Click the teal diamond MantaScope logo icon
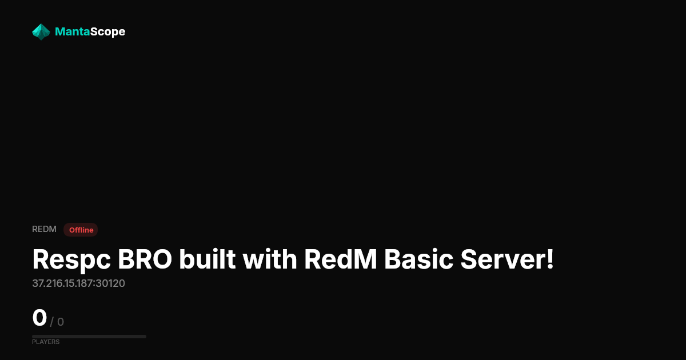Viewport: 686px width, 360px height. (x=41, y=32)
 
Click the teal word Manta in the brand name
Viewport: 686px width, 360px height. (x=72, y=31)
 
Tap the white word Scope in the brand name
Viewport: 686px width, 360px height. (x=108, y=32)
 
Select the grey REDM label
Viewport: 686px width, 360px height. (x=44, y=229)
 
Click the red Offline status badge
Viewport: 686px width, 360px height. (x=81, y=230)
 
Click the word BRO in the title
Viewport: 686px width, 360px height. (x=145, y=259)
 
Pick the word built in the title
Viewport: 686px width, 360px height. (x=208, y=259)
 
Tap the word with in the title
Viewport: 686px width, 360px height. (x=270, y=259)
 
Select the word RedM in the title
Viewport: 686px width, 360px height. (x=340, y=259)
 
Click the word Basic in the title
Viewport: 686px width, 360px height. (x=418, y=259)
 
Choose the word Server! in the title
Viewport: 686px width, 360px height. (x=507, y=259)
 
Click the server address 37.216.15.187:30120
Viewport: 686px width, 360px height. (x=78, y=283)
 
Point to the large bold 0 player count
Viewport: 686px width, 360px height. (x=39, y=318)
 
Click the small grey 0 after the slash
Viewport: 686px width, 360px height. (x=61, y=322)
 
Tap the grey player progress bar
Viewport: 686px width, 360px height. (x=89, y=337)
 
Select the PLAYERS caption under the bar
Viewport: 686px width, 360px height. (x=46, y=342)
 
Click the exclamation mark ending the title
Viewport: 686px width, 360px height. (x=551, y=259)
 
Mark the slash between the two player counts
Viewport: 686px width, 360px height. (x=52, y=322)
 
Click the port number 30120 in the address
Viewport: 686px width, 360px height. (x=110, y=283)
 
